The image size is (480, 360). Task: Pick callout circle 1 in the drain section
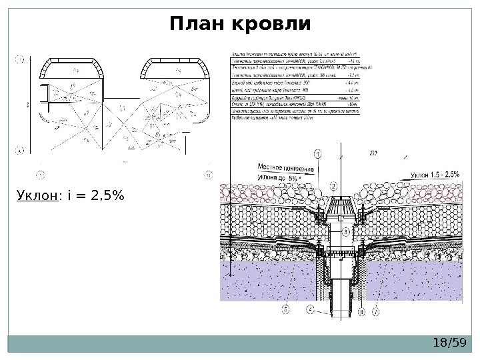coord(317,153)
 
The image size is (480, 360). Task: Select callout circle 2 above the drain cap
coord(333,186)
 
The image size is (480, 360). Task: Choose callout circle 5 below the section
coord(285,309)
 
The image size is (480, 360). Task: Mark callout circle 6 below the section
coord(361,311)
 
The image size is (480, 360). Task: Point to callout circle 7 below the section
coord(377,311)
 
